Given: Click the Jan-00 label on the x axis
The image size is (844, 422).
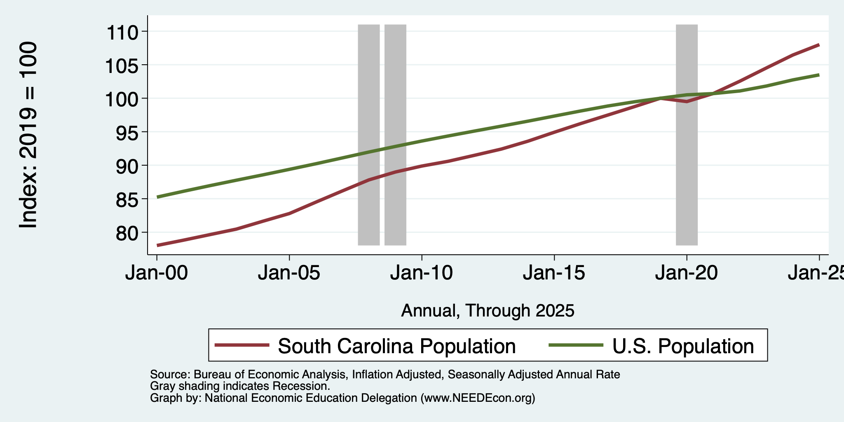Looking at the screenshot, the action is (x=157, y=273).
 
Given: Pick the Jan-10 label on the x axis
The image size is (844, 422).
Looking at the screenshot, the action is (x=422, y=273).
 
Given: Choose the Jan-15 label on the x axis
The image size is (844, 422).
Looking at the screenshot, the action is (x=554, y=273).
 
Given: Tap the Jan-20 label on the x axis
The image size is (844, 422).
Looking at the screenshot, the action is (x=687, y=273).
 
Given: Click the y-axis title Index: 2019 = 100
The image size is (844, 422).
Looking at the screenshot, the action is (x=28, y=135).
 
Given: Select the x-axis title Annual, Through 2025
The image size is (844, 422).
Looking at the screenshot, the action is (x=488, y=310).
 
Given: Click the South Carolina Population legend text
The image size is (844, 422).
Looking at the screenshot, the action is (x=396, y=346).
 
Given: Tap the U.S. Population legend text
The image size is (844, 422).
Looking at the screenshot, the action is (x=683, y=346).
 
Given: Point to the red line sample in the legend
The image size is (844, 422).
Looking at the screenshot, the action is (x=242, y=345).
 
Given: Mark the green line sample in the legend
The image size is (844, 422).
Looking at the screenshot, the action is (x=577, y=345).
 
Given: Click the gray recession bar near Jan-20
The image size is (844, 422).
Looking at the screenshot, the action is (x=687, y=135).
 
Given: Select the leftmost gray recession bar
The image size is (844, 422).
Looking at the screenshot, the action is (x=368, y=135).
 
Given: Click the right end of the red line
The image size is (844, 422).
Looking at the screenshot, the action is (x=819, y=45).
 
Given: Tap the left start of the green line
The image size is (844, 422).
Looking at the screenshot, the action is (x=157, y=197).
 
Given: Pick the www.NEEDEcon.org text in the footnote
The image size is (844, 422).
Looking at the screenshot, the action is (x=478, y=398).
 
